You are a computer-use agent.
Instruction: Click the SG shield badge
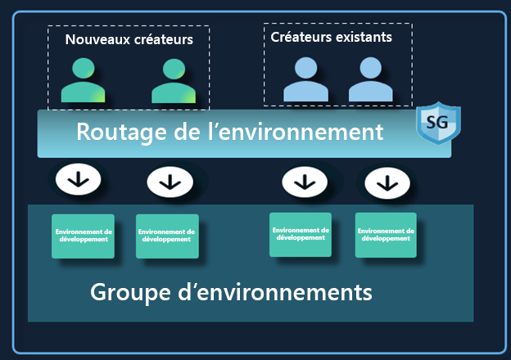pyautogui.click(x=438, y=124)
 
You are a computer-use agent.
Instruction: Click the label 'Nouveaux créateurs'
pyautogui.click(x=129, y=39)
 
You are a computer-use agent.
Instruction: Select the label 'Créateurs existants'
pyautogui.click(x=331, y=37)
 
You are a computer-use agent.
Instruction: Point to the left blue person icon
pyautogui.click(x=305, y=79)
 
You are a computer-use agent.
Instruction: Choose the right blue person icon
pyautogui.click(x=370, y=79)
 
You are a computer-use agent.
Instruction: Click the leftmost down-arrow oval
pyautogui.click(x=79, y=179)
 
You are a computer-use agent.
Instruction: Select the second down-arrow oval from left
pyautogui.click(x=170, y=181)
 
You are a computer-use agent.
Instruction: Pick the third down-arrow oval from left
pyautogui.click(x=305, y=179)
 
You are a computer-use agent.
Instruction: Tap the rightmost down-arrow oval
pyautogui.click(x=387, y=182)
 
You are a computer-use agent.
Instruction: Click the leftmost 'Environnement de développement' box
pyautogui.click(x=83, y=236)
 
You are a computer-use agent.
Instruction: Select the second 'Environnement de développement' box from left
pyautogui.click(x=166, y=236)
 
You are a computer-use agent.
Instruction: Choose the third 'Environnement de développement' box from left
pyautogui.click(x=301, y=234)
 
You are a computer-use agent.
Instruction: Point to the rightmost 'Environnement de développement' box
pyautogui.click(x=386, y=235)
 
